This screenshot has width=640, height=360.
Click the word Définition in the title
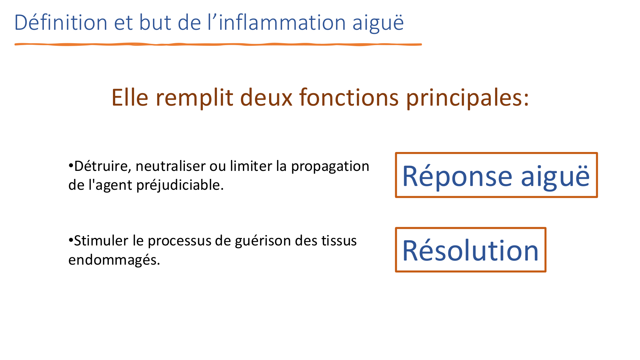[x=61, y=23]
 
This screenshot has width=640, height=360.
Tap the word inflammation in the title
[x=282, y=23]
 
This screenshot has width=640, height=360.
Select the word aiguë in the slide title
[x=378, y=23]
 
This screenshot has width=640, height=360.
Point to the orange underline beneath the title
[x=218, y=44]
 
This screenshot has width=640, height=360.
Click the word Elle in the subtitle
[x=130, y=97]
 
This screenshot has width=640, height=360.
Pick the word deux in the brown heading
[x=266, y=97]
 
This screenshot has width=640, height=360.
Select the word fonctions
[x=349, y=97]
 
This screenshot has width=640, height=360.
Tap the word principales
[x=467, y=98]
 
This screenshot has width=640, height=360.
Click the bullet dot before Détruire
[x=71, y=165]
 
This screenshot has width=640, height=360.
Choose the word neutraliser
[x=171, y=166]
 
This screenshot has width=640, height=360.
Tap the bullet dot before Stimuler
[x=71, y=240]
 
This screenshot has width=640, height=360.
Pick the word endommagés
[x=114, y=260]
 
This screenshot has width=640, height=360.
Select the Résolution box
[x=470, y=250]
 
